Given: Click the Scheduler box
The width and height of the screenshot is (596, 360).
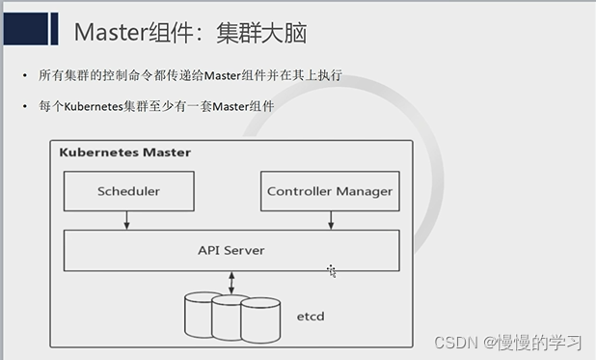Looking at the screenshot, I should [x=128, y=191].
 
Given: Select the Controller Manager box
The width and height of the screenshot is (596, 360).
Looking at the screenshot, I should [x=330, y=191].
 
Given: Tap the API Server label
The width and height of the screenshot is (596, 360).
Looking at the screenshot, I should [x=231, y=251].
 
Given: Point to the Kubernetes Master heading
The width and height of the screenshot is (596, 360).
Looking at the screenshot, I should [x=125, y=152].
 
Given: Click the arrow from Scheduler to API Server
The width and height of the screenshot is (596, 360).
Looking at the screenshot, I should [x=127, y=220].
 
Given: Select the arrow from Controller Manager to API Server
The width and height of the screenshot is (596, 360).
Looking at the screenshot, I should [x=331, y=220].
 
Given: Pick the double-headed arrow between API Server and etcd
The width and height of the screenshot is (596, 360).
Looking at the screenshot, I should [x=231, y=282].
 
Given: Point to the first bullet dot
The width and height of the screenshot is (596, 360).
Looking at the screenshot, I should [x=26, y=76].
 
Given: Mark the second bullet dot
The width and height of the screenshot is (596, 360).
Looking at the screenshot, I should [x=26, y=106].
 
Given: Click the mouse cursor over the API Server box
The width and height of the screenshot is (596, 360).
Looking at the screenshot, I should [x=331, y=270].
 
